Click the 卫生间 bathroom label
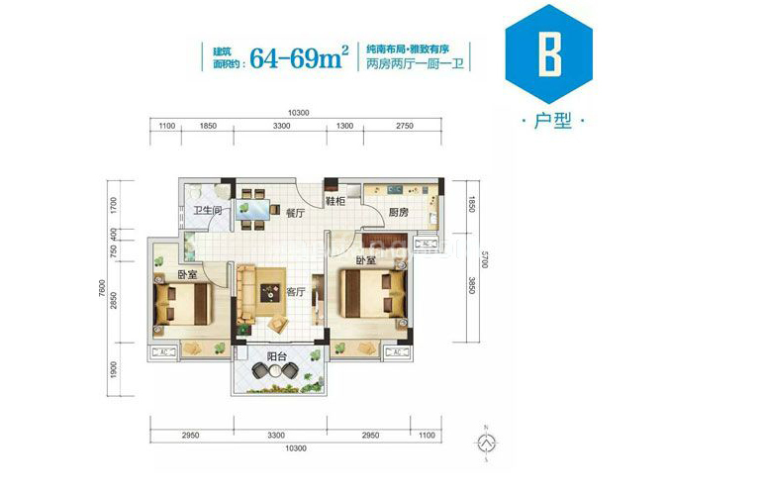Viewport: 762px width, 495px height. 206,211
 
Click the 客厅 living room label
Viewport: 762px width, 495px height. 295,292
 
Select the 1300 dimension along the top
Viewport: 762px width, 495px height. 343,128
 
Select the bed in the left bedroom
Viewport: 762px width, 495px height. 183,303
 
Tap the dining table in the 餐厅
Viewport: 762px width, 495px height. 255,209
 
